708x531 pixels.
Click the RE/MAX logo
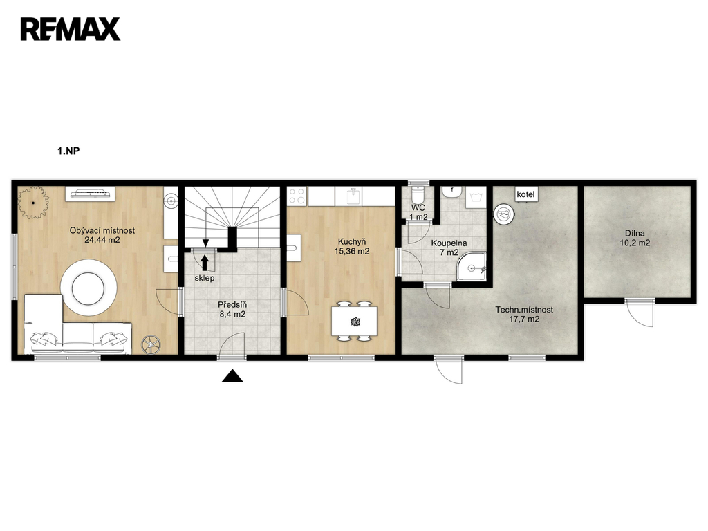coord(71,29)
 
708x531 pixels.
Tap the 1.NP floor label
coord(68,151)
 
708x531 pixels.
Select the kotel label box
coord(525,194)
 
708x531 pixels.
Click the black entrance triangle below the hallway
coord(232,375)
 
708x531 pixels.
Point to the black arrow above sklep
coord(205,263)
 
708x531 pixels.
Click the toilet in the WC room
coord(418,195)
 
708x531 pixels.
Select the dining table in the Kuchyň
coord(354,322)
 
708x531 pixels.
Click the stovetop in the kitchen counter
coord(297,196)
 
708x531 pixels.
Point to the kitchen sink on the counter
coord(353,196)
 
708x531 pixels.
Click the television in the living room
coord(91,194)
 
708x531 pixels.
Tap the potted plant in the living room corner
coord(33,203)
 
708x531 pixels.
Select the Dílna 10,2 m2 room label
coord(635,238)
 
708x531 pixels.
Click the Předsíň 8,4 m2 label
coord(232,309)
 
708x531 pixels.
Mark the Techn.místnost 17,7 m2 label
coord(524,315)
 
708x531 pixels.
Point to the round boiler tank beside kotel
coord(504,214)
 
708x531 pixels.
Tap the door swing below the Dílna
coord(640,313)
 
